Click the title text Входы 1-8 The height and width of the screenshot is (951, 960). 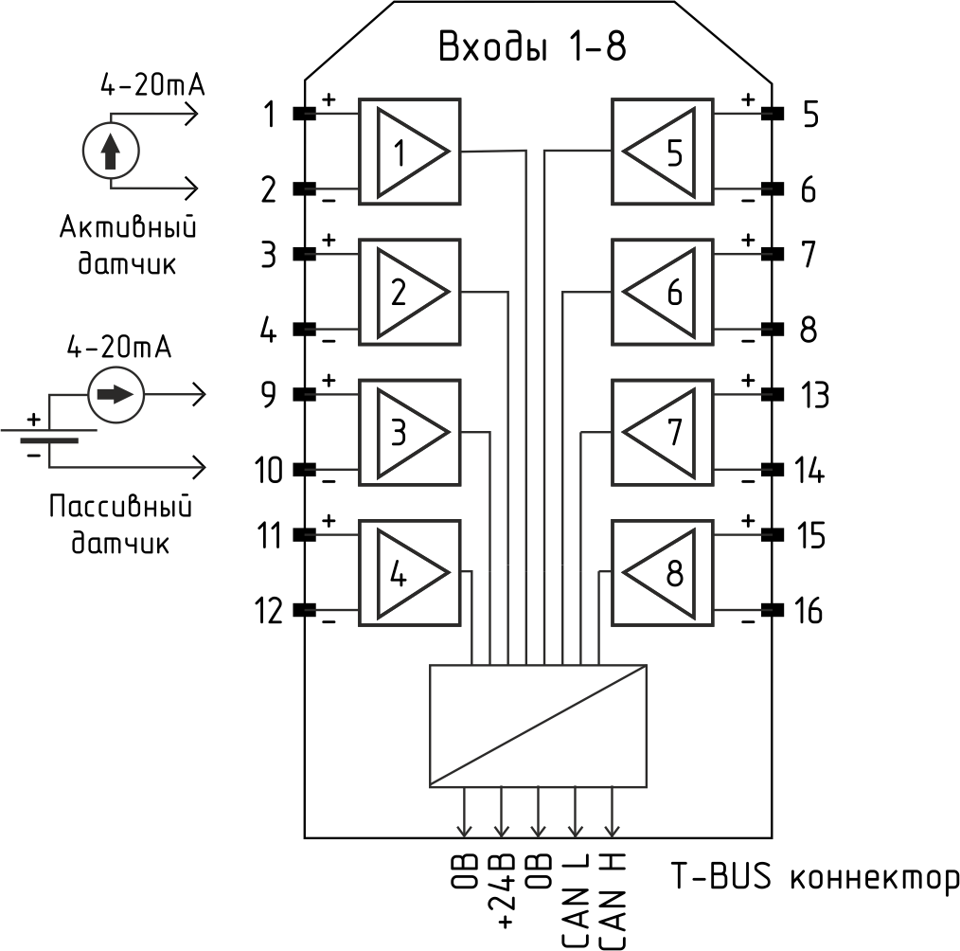533,46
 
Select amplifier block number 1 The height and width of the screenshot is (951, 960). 409,152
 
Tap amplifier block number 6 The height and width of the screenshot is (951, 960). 663,292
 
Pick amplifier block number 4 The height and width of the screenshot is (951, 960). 409,573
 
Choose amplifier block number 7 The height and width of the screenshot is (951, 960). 663,433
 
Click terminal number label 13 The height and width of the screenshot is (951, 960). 815,395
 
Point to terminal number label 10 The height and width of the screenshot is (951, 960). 269,471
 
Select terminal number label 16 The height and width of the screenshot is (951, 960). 809,611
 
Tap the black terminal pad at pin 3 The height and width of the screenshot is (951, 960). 304,254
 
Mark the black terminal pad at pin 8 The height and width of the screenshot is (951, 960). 773,330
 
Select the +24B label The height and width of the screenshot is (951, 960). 503,892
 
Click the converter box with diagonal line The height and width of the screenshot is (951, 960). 538,726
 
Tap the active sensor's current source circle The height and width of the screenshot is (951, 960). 111,151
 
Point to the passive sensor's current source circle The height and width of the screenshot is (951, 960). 116,395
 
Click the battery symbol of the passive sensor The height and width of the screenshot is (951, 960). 49,436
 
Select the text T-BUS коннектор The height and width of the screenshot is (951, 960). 815,876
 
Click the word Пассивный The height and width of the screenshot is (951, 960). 120,506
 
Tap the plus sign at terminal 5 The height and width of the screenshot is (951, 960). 748,99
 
